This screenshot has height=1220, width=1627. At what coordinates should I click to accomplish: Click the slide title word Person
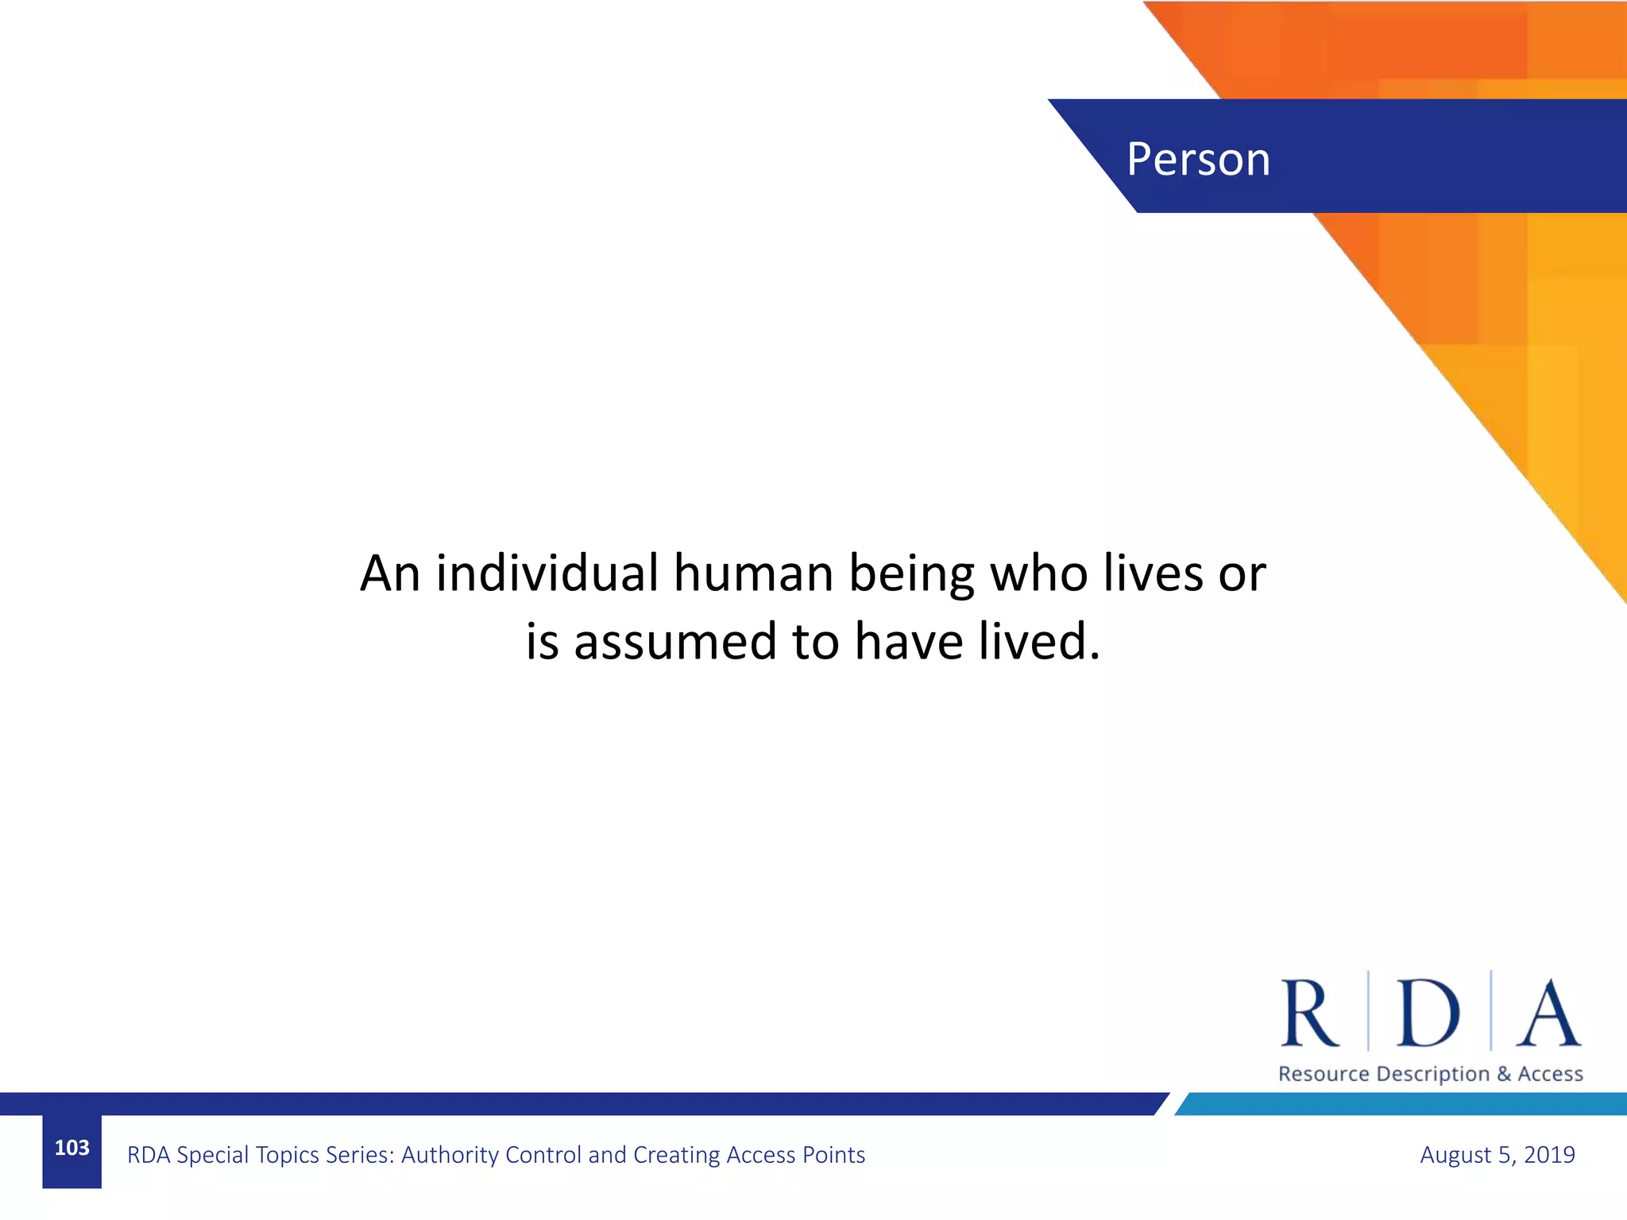tap(1198, 159)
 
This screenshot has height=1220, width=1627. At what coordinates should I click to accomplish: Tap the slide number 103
tap(71, 1148)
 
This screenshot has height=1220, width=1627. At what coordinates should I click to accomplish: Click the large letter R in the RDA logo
tap(1309, 1013)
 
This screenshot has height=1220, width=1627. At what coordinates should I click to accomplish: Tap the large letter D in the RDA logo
tap(1428, 1013)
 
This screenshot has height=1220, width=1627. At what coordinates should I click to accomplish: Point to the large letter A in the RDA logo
tap(1548, 1013)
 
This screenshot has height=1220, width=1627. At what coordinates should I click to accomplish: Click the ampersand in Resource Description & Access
tap(1504, 1074)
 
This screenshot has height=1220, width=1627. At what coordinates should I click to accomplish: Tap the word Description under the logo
tap(1432, 1075)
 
